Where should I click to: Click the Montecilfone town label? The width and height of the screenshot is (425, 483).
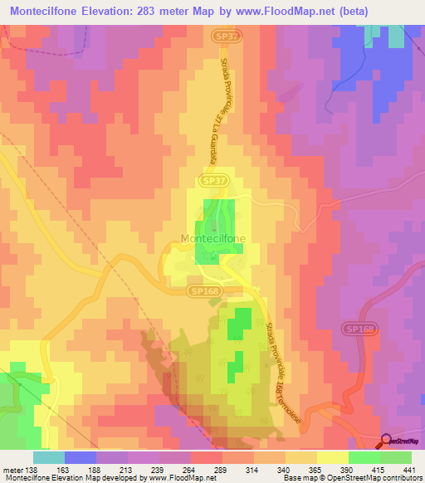tap(212, 239)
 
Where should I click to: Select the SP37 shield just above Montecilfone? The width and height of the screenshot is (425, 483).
tap(213, 180)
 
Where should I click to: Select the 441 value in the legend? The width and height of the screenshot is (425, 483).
tap(410, 469)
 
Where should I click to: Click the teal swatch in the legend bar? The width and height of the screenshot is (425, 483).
tap(49, 457)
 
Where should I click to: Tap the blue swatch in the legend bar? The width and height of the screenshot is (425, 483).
tap(81, 457)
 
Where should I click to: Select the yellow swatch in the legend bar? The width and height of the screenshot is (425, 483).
tap(333, 457)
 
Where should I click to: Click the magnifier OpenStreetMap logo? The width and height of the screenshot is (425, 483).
tap(386, 442)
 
